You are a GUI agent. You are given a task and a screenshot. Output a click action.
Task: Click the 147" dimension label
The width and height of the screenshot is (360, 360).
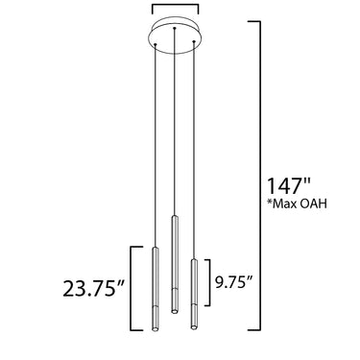pos(288,186)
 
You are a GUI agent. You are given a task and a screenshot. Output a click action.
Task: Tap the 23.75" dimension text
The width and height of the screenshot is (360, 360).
pos(93,289)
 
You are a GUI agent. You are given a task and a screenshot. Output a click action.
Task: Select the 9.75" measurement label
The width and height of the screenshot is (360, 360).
pos(233,282)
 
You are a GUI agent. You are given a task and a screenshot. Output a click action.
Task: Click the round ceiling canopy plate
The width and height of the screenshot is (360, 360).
pos(175,37)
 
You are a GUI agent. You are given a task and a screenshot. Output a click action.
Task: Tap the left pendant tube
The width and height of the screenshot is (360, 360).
pos(156,289)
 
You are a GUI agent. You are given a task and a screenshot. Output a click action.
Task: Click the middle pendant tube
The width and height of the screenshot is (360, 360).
pos(175,264)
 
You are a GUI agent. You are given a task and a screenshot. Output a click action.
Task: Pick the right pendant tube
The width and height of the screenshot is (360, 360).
pos(194,294)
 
